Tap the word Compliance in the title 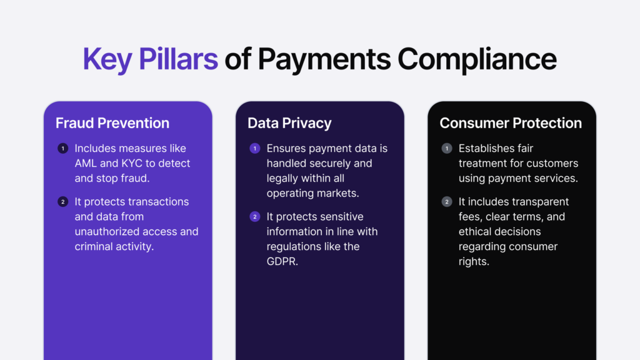(477, 59)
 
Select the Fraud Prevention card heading (112, 123)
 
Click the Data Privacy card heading (289, 123)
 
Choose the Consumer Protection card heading (511, 123)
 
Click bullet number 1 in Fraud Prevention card (62, 149)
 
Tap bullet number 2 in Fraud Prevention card (62, 202)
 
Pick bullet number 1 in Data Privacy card (254, 149)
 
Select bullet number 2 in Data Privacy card (254, 217)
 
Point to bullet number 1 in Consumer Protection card (446, 149)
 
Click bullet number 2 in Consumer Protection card (446, 202)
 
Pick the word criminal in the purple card (95, 246)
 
